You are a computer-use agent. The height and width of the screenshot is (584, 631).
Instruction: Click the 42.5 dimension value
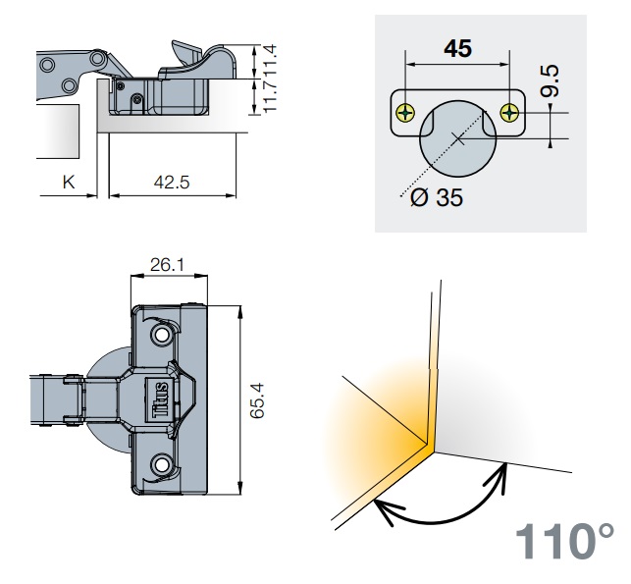[173, 182]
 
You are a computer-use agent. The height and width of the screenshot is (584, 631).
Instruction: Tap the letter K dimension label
[69, 182]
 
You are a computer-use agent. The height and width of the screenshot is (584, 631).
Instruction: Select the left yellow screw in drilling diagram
[404, 113]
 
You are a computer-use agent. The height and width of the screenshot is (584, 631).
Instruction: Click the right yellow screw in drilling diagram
[509, 113]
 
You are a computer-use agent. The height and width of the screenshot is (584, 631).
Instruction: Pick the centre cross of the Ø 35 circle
[457, 136]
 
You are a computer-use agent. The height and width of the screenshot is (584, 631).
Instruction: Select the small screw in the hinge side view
[121, 85]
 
